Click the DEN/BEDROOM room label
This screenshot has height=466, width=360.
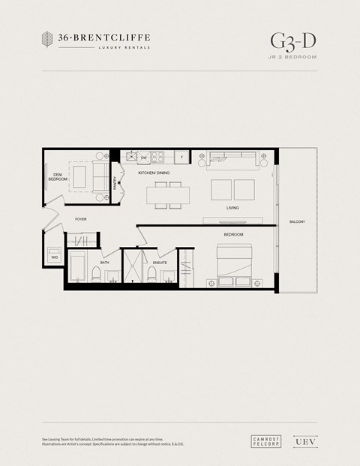tap(58, 179)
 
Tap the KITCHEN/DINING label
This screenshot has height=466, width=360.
tap(154, 173)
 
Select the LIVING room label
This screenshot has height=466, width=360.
tap(232, 208)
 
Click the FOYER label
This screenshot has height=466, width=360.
tap(80, 218)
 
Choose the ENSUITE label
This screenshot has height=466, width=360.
tap(159, 263)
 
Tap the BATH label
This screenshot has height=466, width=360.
tap(105, 263)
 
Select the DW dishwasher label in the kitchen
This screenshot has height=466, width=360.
tap(143, 158)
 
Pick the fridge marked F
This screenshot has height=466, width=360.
tap(181, 158)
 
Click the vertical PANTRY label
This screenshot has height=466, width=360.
tap(115, 182)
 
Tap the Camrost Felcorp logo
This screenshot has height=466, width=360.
tap(265, 442)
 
